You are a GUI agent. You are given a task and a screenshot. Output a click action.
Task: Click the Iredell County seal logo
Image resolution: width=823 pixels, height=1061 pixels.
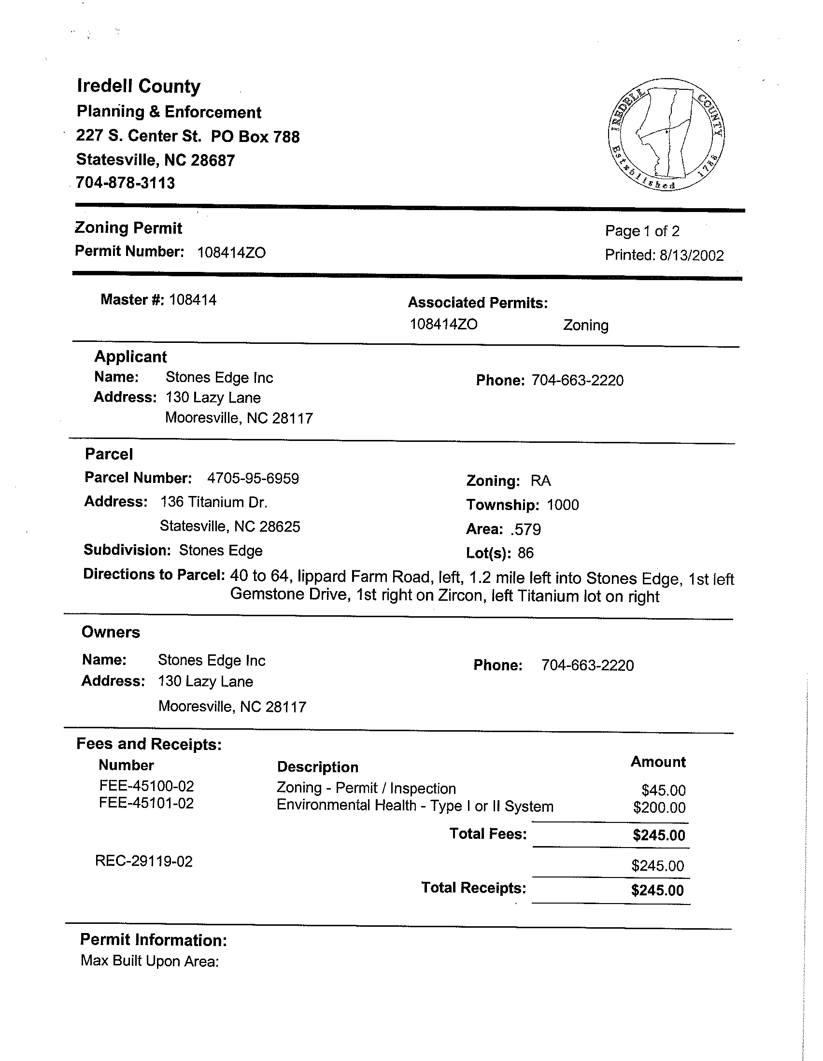pos(666,134)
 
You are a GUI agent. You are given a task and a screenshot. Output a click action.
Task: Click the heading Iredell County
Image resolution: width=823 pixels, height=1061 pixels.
pos(139,86)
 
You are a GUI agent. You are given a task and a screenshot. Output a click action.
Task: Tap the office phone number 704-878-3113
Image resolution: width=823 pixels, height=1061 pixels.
pos(126,183)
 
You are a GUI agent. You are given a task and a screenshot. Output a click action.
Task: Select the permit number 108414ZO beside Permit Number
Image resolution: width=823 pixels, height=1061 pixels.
pos(232,253)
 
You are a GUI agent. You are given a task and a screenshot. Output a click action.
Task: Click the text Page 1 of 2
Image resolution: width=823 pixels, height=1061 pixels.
pos(642,231)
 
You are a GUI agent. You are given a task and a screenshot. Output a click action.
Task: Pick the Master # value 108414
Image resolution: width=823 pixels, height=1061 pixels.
pos(193,300)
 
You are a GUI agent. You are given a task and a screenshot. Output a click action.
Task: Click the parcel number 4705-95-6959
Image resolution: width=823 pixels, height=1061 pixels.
pos(253,479)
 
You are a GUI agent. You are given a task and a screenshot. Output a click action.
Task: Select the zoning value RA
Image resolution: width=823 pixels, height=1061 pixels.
pos(541,481)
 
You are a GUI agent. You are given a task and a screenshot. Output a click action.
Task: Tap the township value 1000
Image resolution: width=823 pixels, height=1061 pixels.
pos(563,505)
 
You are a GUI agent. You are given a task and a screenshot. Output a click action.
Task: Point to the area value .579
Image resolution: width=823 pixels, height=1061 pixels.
pos(525,529)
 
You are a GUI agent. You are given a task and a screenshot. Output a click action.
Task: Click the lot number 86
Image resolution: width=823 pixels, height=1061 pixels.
pos(525,553)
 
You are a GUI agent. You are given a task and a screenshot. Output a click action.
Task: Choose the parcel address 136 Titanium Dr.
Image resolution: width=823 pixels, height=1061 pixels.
pos(214,502)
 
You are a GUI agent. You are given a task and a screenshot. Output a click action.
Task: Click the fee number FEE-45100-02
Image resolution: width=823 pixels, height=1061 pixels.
pos(146,786)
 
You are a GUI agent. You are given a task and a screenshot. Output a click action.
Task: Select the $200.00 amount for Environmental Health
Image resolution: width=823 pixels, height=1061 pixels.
pos(659,807)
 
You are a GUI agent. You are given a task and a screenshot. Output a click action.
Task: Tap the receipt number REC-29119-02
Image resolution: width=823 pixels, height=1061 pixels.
pos(144,862)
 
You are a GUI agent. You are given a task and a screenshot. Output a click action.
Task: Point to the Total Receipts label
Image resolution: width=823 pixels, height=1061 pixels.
pos(474,888)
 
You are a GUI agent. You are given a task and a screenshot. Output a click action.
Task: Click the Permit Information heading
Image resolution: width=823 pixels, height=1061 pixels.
pos(154,940)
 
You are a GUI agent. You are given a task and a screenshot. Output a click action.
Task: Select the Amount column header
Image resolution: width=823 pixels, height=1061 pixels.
pos(658,762)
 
